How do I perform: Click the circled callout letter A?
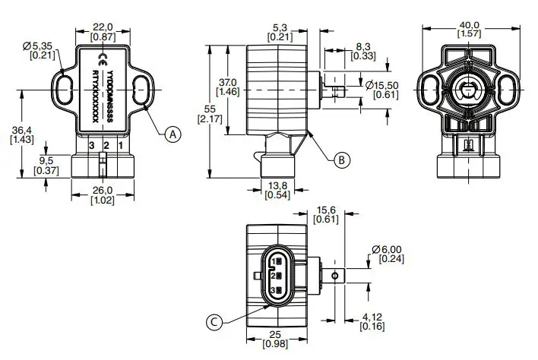(173, 134)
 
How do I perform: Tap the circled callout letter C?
(214, 323)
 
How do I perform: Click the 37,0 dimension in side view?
(228, 82)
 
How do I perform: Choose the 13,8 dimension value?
(275, 185)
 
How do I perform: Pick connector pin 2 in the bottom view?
(277, 276)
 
